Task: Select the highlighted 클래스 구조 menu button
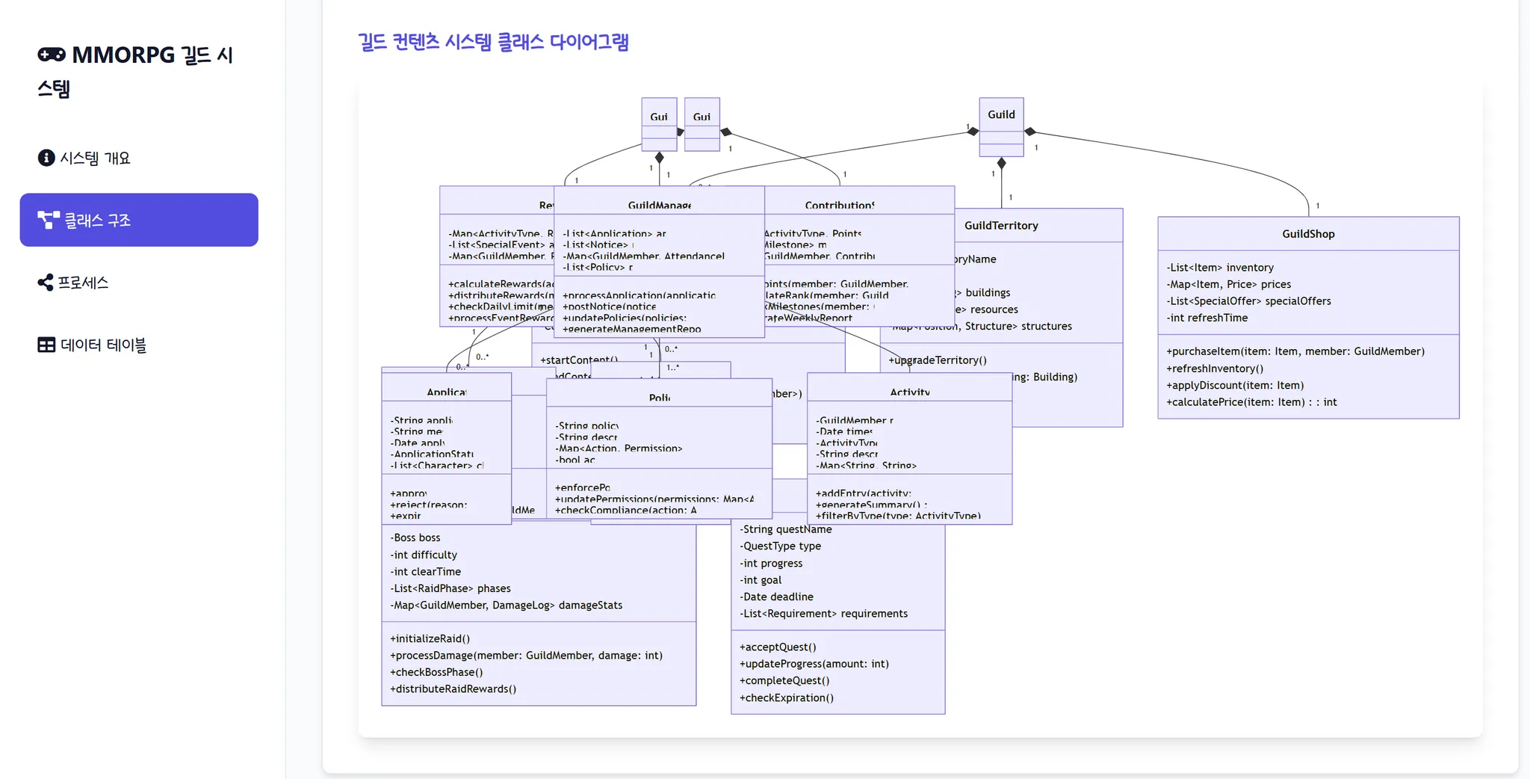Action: click(x=139, y=220)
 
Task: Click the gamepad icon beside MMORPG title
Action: click(x=52, y=55)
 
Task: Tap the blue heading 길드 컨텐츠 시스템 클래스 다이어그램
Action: click(x=493, y=42)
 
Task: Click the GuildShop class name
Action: click(x=1307, y=234)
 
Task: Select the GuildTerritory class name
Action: click(x=1001, y=226)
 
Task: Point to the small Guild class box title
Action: click(x=1001, y=114)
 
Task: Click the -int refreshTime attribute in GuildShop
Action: click(x=1208, y=318)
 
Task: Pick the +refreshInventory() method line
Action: click(x=1215, y=369)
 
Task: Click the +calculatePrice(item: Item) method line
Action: click(x=1251, y=402)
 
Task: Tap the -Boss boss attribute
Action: click(x=415, y=538)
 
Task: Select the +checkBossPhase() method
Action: click(x=436, y=672)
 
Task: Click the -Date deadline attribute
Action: click(x=777, y=597)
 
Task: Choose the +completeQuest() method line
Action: click(x=784, y=680)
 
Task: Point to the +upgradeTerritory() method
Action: click(x=938, y=360)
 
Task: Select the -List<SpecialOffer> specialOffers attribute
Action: click(x=1248, y=301)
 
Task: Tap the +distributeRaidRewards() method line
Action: click(x=453, y=689)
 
